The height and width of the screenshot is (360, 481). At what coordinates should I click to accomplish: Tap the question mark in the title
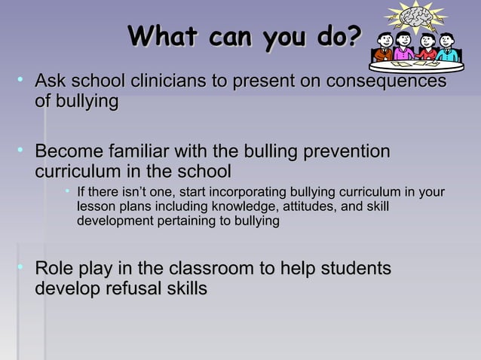coord(354,36)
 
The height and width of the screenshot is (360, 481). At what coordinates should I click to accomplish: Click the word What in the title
coord(163,36)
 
